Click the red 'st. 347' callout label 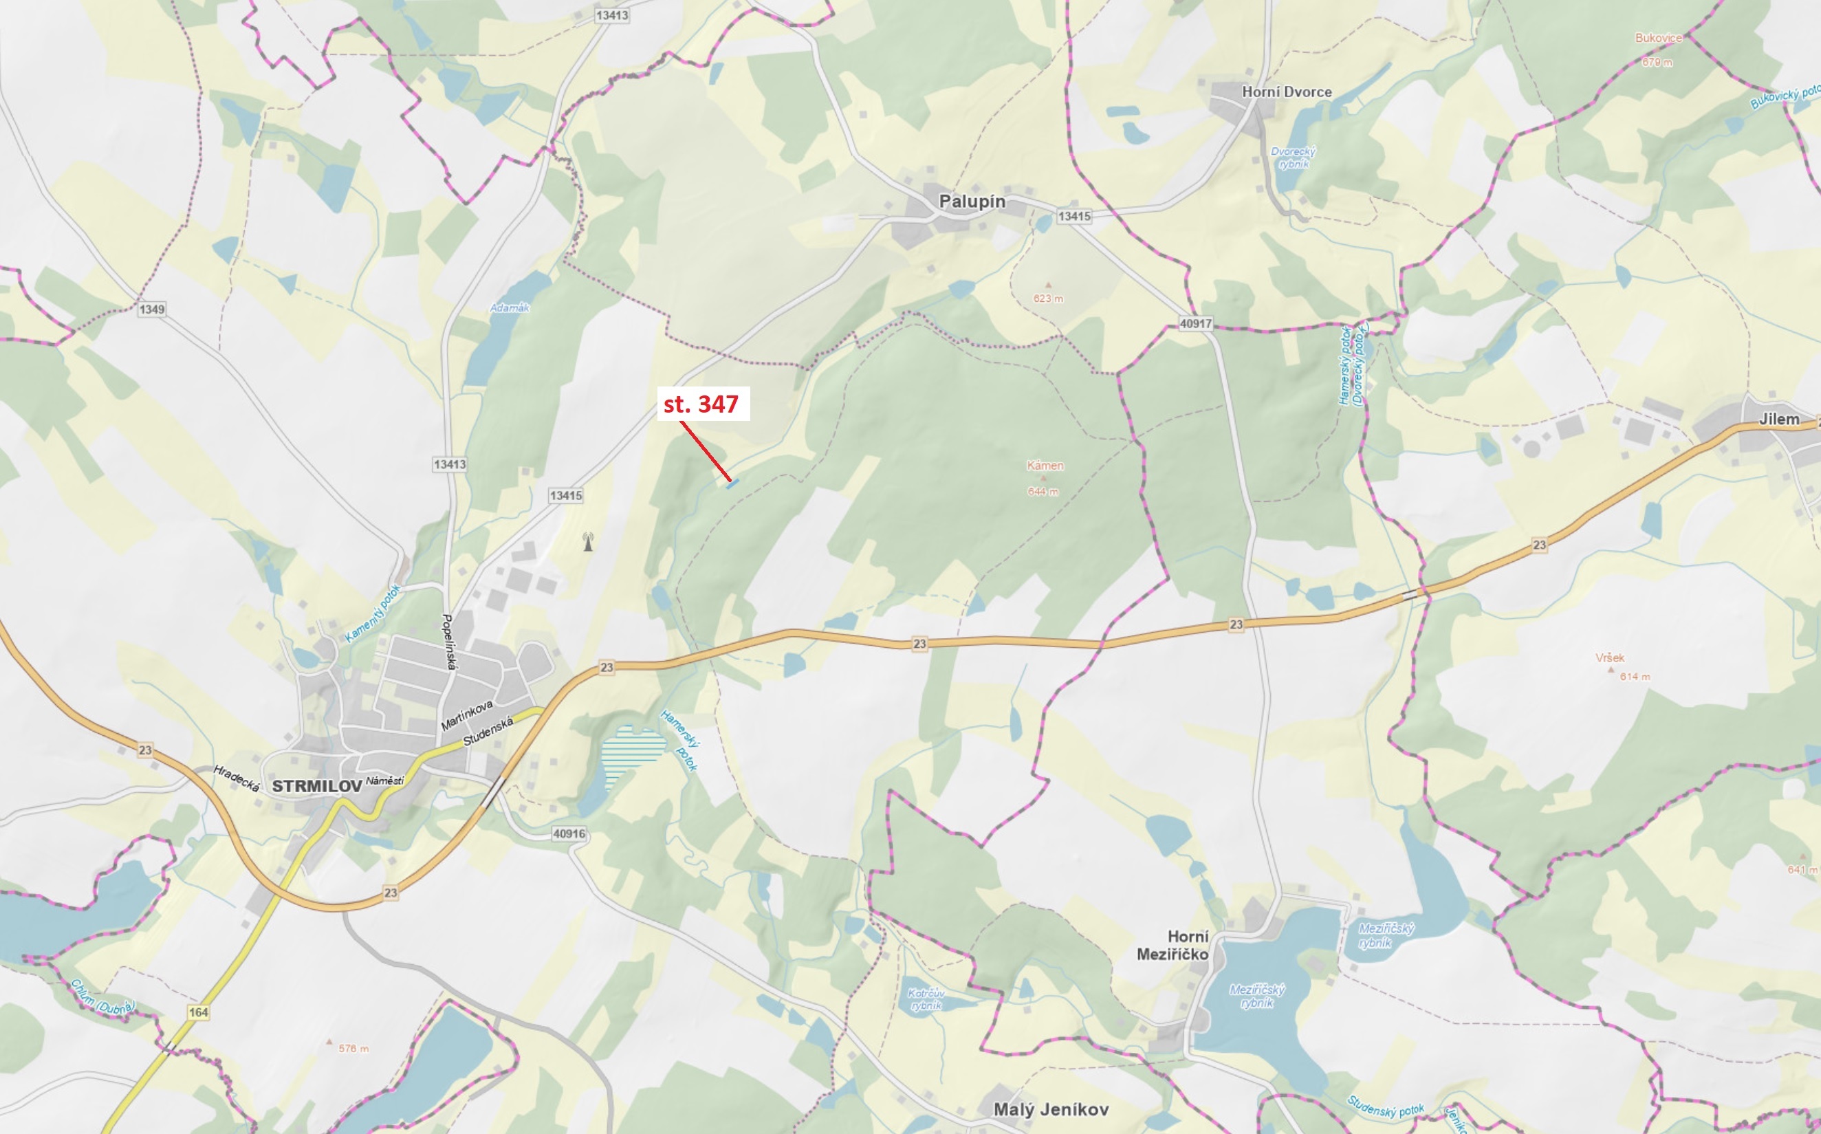coord(702,404)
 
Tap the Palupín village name coord(972,201)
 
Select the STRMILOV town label coord(316,786)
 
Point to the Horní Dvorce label coord(1286,91)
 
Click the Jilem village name coord(1779,419)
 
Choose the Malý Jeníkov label coord(1050,1109)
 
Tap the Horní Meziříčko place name coord(1173,945)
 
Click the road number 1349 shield coord(151,309)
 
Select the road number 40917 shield coord(1195,324)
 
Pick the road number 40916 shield coord(569,833)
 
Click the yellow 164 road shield coord(198,1012)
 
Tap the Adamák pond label coord(510,307)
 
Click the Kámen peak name coord(1045,466)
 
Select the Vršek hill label coord(1609,657)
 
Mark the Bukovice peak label coord(1658,38)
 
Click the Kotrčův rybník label coord(926,999)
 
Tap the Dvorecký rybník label coord(1293,157)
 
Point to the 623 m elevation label coord(1048,298)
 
